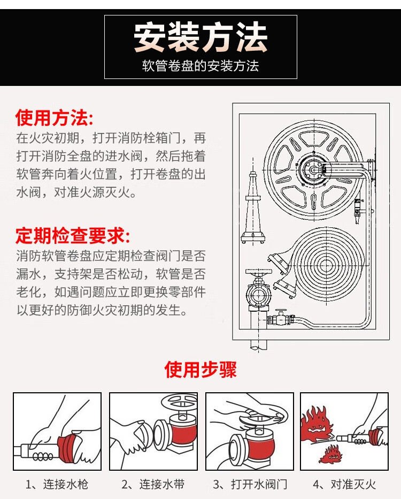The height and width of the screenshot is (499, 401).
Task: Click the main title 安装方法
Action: tap(200, 37)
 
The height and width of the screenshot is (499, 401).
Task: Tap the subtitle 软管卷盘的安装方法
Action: tap(200, 66)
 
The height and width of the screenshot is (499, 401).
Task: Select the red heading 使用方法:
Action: tap(54, 116)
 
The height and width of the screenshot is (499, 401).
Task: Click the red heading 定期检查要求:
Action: tap(73, 235)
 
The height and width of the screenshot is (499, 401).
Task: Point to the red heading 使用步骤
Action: tap(200, 369)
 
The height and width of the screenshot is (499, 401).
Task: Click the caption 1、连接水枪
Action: tap(57, 485)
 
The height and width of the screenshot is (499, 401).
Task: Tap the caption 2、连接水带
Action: tap(153, 485)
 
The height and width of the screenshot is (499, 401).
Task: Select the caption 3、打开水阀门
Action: tap(250, 485)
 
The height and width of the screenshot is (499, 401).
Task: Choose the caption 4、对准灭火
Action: tap(344, 485)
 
